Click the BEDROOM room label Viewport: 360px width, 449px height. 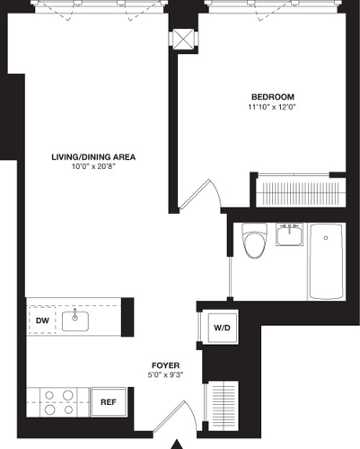272,97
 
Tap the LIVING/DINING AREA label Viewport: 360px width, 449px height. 93,156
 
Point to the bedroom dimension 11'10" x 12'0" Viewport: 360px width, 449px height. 272,108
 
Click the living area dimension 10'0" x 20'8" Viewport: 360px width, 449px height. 93,167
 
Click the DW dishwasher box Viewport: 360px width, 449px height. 41,320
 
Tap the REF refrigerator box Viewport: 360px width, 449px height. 107,401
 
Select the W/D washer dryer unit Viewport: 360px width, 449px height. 221,328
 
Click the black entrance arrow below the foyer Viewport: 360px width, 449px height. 177,442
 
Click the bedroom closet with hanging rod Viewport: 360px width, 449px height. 300,190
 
